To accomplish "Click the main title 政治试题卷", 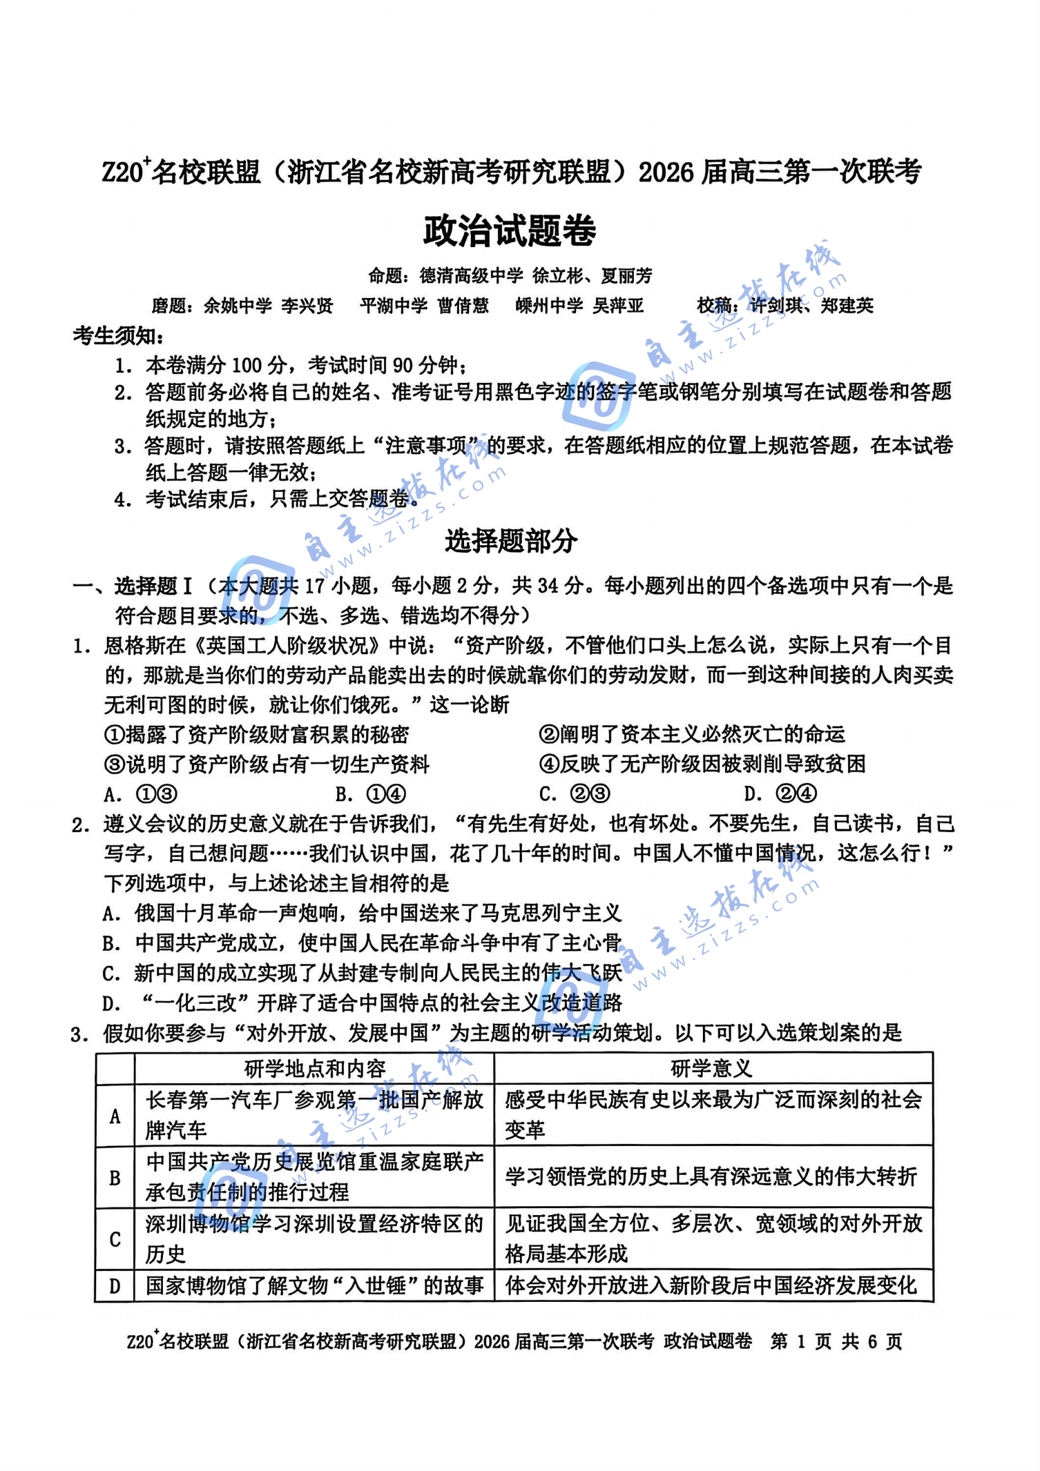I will coord(510,231).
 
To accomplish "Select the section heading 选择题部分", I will coord(511,541).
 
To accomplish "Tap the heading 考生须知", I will coord(118,336).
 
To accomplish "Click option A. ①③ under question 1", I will coord(140,794).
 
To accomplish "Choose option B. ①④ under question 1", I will coord(370,794).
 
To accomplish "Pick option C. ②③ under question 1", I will coord(575,794).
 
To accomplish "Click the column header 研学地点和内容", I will coord(314,1069).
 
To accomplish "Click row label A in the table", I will coord(115,1117).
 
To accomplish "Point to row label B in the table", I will coord(115,1177).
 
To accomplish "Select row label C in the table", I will coord(115,1239).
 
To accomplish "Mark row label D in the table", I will coord(115,1286).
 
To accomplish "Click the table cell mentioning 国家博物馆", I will coord(314,1286).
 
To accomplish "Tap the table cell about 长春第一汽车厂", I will coord(314,1116).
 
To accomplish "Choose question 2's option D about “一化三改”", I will coord(362,1002).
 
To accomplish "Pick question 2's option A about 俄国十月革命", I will coord(362,913).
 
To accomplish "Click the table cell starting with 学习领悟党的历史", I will coord(711,1177).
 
